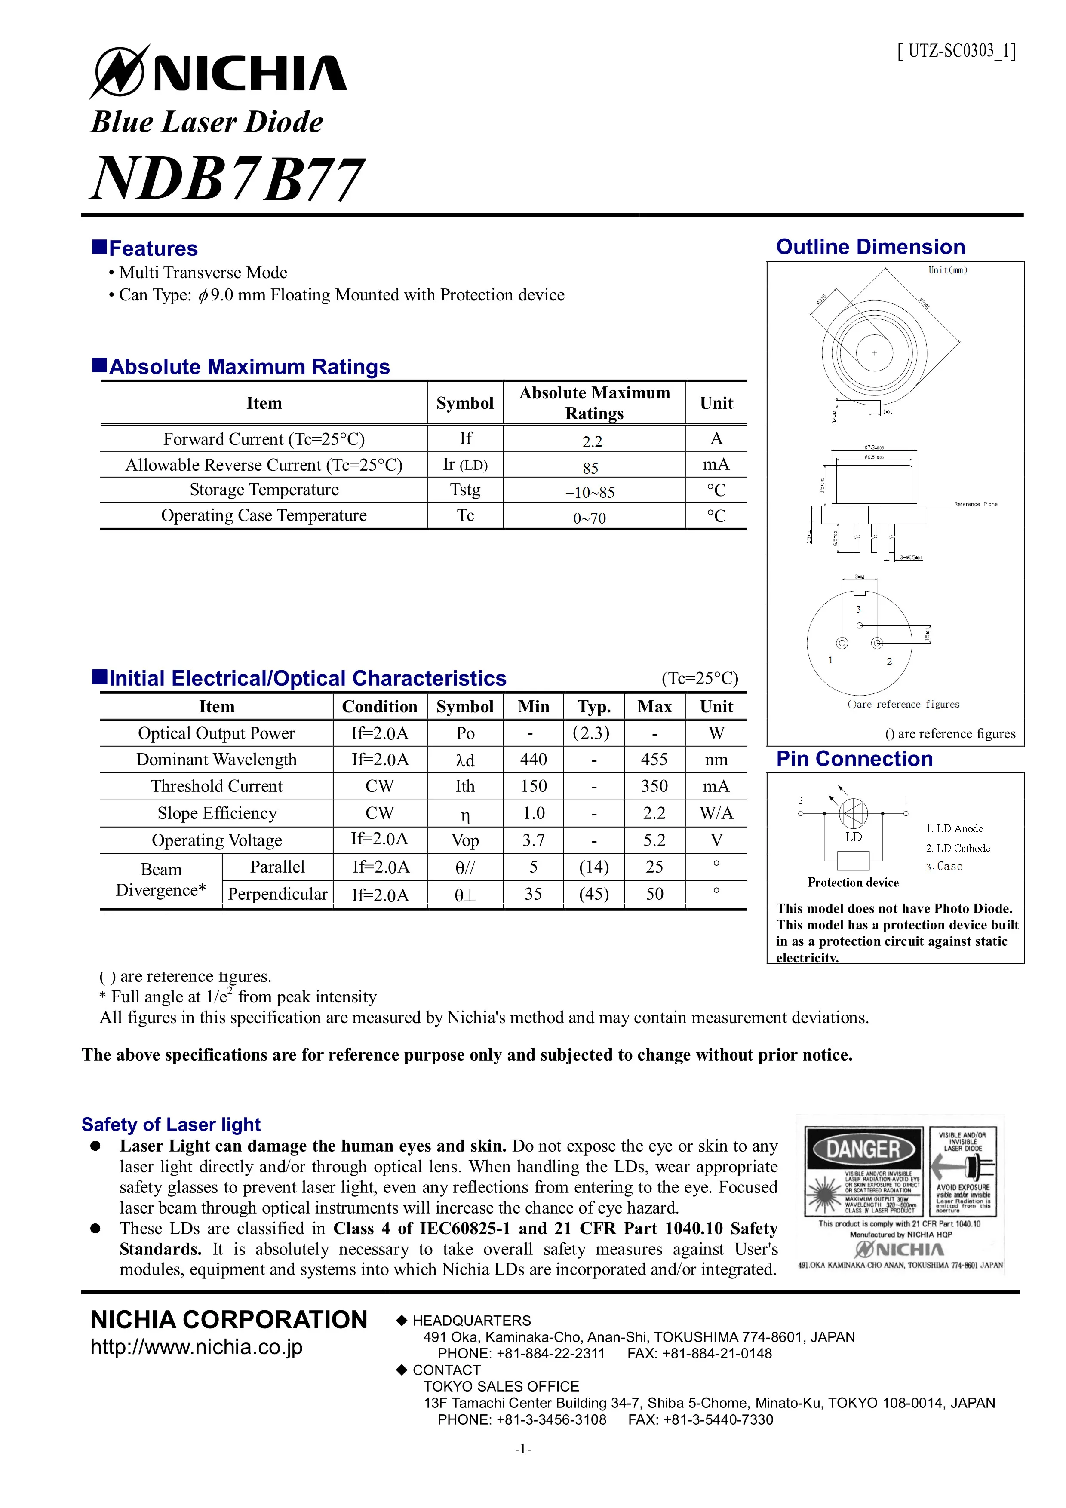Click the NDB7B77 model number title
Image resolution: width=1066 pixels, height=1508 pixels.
pos(227,179)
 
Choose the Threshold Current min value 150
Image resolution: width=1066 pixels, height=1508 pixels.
pos(533,786)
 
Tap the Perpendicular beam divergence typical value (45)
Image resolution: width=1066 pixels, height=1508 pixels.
pos(594,895)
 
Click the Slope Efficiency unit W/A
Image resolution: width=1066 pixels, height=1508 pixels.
pos(716,814)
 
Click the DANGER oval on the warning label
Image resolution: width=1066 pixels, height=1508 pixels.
pos(863,1149)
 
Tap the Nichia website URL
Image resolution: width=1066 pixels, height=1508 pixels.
pos(197,1347)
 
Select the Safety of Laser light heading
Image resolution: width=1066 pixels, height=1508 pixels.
pos(171,1125)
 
